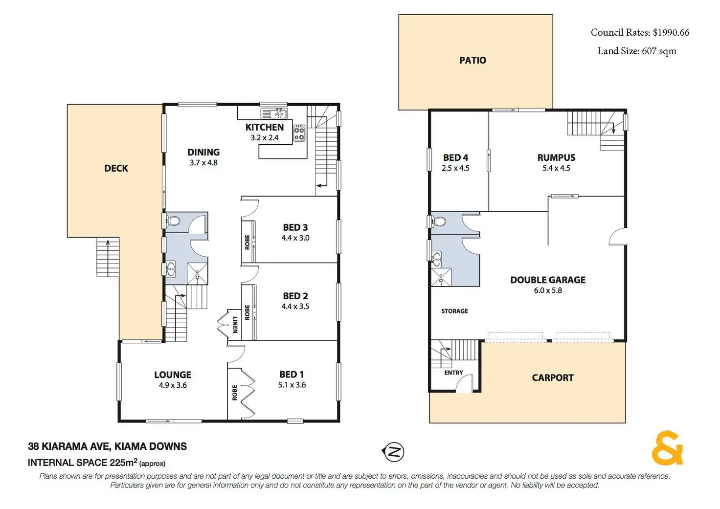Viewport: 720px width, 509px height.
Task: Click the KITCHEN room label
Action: click(265, 127)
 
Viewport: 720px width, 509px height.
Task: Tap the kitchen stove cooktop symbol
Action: click(299, 133)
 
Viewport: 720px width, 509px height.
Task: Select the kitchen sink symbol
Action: click(274, 113)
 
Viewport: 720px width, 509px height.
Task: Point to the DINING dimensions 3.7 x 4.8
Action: click(203, 163)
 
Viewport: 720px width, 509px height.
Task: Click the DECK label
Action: click(116, 168)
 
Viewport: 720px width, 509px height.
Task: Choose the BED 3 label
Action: click(295, 227)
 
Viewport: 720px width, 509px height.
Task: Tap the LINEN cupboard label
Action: click(235, 325)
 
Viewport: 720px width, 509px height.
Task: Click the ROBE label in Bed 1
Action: click(235, 393)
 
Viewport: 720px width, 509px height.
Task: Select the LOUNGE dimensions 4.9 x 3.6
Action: click(173, 385)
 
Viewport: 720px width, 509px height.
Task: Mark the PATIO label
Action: click(472, 61)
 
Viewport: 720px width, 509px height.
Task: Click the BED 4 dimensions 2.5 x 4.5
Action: click(455, 168)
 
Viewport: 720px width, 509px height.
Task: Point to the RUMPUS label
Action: click(557, 157)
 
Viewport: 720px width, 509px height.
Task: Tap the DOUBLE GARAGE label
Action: click(548, 280)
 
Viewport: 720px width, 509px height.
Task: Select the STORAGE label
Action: click(454, 311)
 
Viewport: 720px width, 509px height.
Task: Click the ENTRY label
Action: click(453, 373)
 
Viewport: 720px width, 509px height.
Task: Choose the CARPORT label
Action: click(553, 377)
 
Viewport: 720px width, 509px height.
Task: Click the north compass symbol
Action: click(393, 452)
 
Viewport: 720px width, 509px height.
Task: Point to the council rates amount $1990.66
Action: click(671, 32)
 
